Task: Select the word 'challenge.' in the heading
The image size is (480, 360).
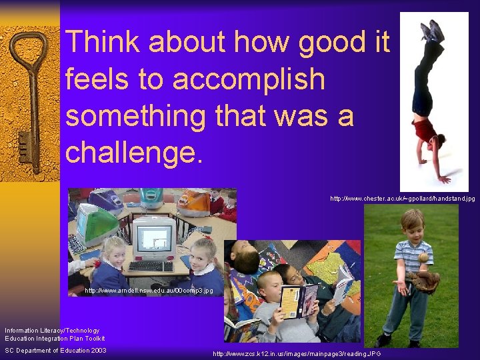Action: coord(133,152)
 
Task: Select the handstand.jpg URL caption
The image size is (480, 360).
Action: coord(403,199)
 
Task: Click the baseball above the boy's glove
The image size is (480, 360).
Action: coord(422,257)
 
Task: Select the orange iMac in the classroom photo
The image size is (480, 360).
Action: coord(193,202)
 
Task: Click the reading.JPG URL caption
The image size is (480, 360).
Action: coord(297,354)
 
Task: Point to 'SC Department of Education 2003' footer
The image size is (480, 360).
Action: coord(55,351)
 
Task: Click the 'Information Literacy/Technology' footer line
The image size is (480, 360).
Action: coord(52,331)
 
